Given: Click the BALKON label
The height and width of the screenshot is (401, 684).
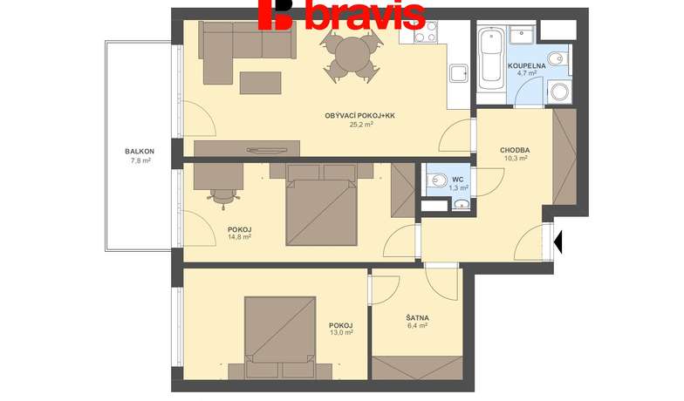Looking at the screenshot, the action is (140, 152).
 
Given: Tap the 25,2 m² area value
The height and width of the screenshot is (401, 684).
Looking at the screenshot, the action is (361, 124).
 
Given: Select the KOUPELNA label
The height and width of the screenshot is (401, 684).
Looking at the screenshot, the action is (527, 66).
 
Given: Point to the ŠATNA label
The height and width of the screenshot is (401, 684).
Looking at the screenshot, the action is (417, 318).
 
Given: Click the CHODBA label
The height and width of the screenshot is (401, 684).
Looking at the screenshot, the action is (515, 150).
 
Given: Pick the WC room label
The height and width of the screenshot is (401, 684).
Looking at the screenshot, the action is (458, 180).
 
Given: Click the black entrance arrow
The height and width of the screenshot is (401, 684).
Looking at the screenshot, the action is (557, 242).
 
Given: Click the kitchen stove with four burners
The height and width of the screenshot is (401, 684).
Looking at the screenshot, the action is (426, 31).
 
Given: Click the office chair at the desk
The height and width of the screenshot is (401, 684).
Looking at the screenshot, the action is (223, 199).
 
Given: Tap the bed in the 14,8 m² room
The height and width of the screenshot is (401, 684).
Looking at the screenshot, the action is (321, 204).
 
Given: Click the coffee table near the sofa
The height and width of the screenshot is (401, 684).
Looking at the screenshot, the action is (260, 83).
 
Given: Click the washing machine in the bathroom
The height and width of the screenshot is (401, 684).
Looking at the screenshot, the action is (558, 92).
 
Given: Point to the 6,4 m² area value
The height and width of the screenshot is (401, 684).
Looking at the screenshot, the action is (417, 326).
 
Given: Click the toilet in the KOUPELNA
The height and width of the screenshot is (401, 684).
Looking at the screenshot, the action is (559, 58).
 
